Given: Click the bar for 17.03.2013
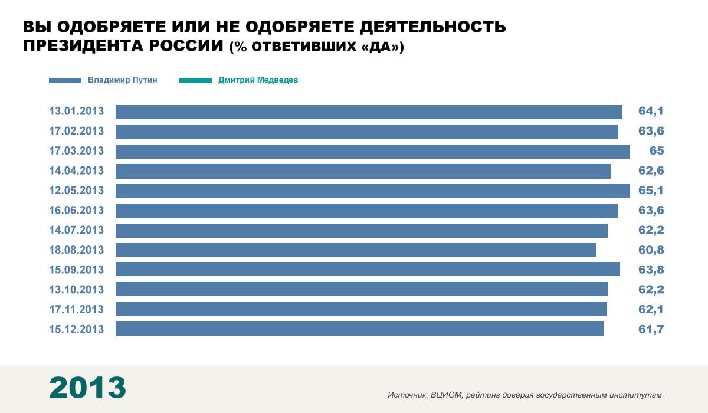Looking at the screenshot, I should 372,152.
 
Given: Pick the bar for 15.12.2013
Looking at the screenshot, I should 359,329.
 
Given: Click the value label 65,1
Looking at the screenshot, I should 651,191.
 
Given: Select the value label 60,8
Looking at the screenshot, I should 651,250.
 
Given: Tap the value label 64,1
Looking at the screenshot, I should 651,112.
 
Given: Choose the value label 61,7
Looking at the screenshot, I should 651,329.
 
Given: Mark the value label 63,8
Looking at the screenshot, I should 651,270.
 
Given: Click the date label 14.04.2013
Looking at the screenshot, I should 77,171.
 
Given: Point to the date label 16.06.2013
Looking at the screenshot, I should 77,211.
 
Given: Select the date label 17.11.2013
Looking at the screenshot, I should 77,309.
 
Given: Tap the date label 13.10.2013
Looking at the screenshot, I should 77,290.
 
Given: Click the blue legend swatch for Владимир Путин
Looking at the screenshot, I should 65,80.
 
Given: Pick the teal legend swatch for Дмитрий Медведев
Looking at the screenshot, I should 195,80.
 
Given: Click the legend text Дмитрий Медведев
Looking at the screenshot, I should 258,80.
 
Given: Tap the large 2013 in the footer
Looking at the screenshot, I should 87,388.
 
